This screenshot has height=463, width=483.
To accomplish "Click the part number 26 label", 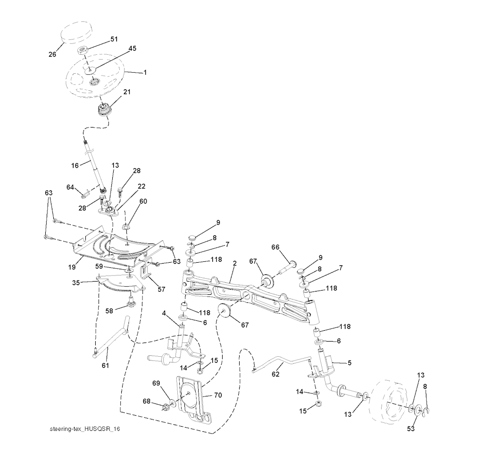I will point(52,54).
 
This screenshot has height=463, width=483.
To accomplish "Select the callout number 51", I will point(114,40).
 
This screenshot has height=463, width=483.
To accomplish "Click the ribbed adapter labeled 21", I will point(102,110).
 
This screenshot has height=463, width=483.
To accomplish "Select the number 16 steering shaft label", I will point(75,165).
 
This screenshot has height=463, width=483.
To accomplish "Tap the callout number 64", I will point(70,188).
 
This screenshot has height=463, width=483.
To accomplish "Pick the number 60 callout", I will point(143,201).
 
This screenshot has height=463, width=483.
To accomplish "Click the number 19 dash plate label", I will point(72,267).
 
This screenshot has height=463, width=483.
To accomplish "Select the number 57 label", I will point(161,289).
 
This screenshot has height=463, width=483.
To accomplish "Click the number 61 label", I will point(105,365).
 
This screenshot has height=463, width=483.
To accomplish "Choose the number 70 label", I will point(218,394).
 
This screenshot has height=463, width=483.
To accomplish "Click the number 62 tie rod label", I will point(275,374).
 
